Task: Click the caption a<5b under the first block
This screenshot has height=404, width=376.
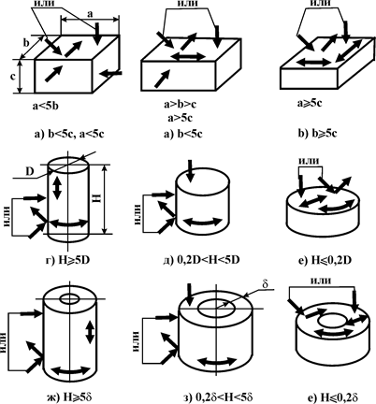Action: click(x=46, y=107)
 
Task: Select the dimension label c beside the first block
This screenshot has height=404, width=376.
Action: click(x=13, y=77)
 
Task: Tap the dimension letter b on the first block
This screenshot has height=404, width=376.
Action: click(x=26, y=43)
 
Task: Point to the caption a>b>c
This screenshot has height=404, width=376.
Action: click(x=181, y=104)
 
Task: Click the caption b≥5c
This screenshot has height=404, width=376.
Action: click(x=318, y=134)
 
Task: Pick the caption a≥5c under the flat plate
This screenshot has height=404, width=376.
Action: click(x=310, y=103)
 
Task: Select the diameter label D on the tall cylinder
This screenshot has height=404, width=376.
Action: click(x=30, y=172)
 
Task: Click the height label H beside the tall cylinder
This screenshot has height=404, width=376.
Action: click(x=97, y=197)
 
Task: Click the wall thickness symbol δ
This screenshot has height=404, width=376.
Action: click(x=266, y=284)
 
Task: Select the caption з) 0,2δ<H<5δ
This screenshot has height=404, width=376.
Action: click(x=217, y=397)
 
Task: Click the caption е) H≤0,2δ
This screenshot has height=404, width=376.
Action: click(x=332, y=397)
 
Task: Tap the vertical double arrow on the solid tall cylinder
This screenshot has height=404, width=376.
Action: click(x=56, y=189)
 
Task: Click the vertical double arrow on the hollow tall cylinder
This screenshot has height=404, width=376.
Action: click(x=90, y=332)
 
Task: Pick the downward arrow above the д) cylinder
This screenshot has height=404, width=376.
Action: click(x=191, y=171)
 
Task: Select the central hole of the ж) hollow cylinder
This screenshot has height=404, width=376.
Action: click(x=70, y=299)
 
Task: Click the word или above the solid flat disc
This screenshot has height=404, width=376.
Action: click(x=309, y=161)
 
